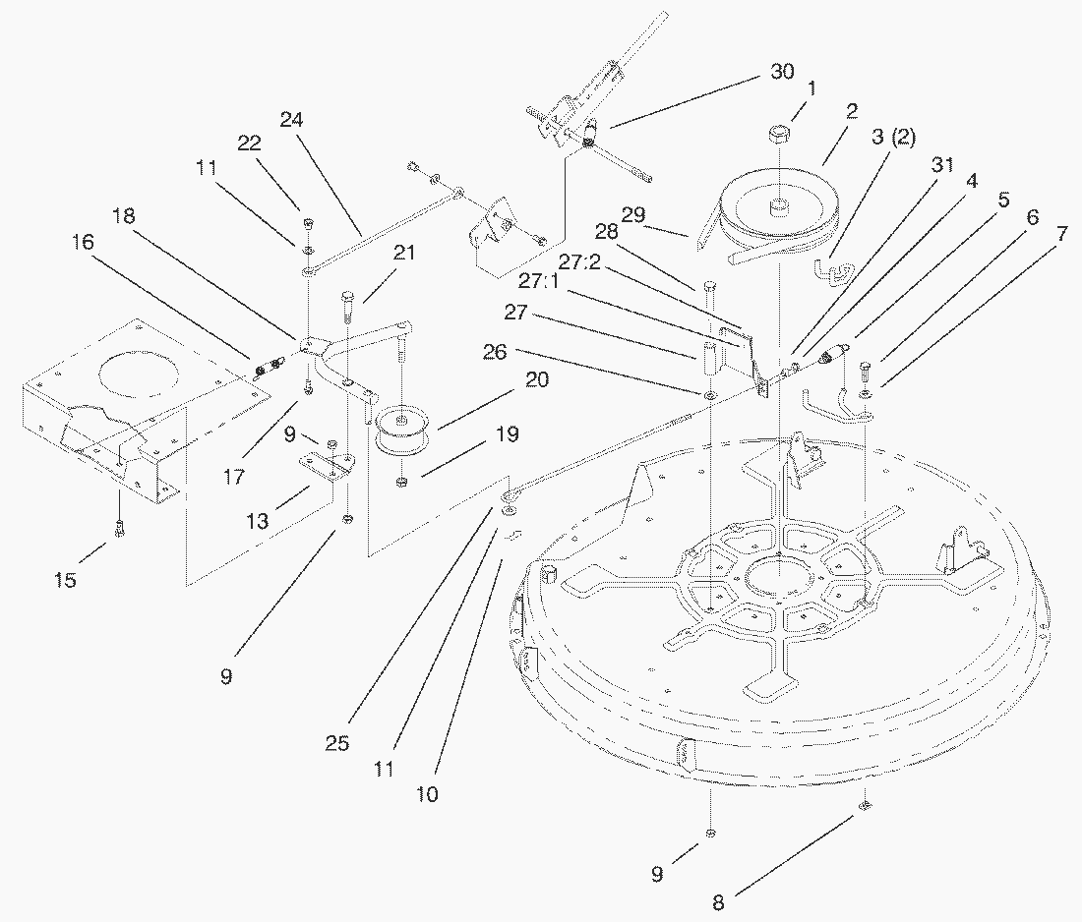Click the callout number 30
[781, 73]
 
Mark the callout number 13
[257, 522]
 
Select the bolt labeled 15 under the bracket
[120, 529]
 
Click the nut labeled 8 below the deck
[865, 806]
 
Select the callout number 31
[942, 165]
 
